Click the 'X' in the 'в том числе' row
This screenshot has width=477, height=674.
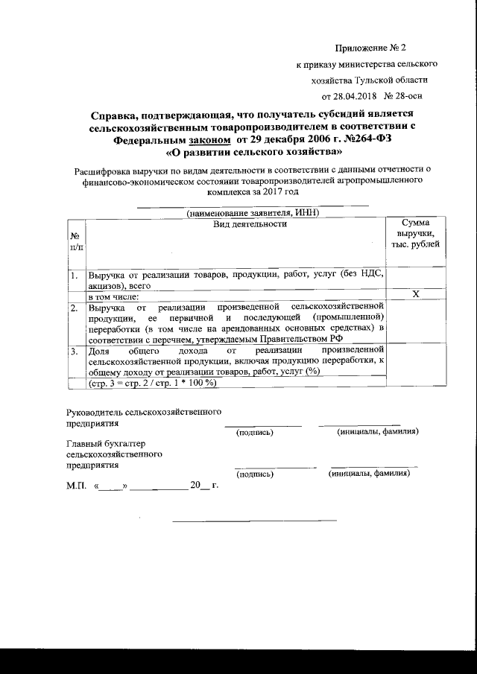pyautogui.click(x=417, y=296)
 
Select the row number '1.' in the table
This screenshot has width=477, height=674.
pyautogui.click(x=75, y=276)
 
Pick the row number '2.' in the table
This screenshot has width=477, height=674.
pyautogui.click(x=75, y=308)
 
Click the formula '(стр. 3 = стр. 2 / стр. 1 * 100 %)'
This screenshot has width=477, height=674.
pyautogui.click(x=153, y=383)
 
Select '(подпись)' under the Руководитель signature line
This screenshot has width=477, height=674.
pyautogui.click(x=254, y=432)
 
